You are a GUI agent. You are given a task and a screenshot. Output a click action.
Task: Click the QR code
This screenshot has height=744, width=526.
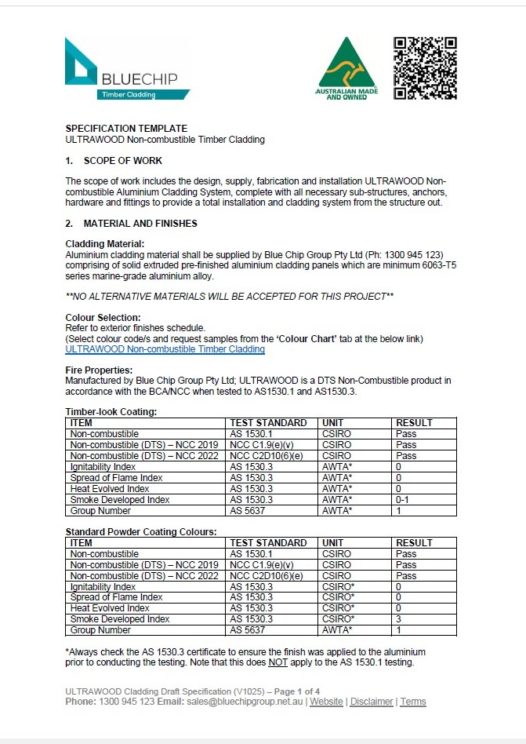424,68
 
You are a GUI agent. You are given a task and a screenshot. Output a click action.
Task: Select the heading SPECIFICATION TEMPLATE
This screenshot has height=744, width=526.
126,129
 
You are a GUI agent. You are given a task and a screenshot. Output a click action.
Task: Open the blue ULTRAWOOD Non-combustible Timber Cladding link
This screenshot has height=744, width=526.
165,349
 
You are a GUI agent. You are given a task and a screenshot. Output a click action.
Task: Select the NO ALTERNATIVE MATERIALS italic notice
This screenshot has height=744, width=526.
229,296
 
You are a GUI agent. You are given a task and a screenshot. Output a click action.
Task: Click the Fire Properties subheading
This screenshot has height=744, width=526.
99,370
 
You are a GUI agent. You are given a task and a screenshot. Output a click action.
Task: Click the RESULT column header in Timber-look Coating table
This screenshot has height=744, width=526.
414,423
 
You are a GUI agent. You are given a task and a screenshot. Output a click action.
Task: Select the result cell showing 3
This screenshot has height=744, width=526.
399,619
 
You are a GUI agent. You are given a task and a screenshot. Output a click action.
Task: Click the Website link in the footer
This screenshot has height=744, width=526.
326,702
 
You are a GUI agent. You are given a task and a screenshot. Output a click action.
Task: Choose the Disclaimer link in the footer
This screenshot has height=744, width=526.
372,702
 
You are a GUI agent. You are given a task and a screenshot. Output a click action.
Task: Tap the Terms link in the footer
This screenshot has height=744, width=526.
413,702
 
